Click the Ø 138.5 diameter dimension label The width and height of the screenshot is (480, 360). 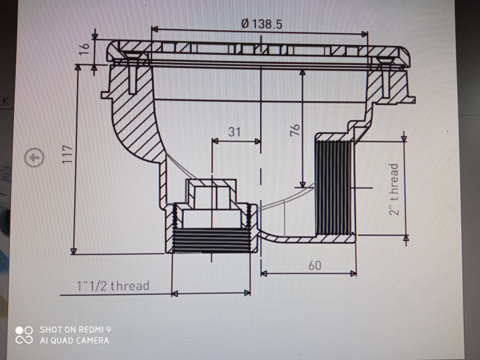click(262, 24)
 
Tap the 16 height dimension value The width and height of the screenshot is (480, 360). click(84, 49)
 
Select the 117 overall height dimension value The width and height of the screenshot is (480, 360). click(67, 154)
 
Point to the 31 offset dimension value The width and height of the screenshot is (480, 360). click(234, 132)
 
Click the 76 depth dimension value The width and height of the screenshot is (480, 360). click(295, 130)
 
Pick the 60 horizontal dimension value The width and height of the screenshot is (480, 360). click(315, 265)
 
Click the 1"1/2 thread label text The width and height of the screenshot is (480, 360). click(113, 285)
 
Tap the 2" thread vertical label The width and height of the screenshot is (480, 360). click(394, 189)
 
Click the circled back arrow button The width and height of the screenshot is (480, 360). click(34, 157)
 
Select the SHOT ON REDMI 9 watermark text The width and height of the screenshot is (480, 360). click(75, 330)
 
